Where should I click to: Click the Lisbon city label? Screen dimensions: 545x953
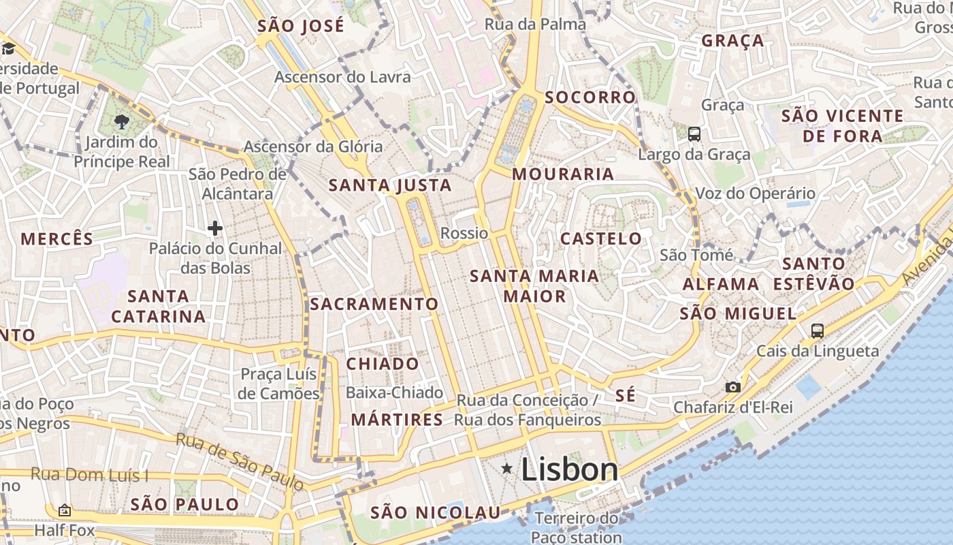[x=569, y=469]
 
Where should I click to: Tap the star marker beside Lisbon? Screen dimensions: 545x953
[x=506, y=469]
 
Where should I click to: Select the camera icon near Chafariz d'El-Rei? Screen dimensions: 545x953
[x=732, y=387]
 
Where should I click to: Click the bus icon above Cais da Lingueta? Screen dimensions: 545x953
[x=817, y=331]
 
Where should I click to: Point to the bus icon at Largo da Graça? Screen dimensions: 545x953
[x=694, y=134]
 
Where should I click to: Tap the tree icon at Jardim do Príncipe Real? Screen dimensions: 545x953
[x=122, y=123]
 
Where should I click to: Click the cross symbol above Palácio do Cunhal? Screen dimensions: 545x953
[x=215, y=228]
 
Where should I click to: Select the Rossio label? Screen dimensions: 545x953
[x=464, y=233]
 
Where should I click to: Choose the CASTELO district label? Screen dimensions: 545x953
[x=600, y=238]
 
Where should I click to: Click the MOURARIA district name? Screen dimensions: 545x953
[x=563, y=174]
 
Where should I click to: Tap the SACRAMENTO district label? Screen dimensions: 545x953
[x=374, y=304]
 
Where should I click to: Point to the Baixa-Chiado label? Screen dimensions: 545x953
[x=394, y=393]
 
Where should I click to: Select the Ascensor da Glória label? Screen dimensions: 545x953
[x=313, y=146]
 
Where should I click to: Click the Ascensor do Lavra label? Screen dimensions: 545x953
[x=342, y=77]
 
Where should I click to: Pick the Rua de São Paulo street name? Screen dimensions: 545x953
[x=240, y=461]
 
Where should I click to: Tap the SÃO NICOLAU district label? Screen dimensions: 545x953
[x=435, y=512]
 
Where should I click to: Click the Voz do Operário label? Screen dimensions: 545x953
[x=755, y=193]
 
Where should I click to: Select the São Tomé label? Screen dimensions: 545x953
[x=696, y=255]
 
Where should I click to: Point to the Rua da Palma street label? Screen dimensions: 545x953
[x=535, y=25]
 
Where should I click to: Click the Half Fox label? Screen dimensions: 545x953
[x=64, y=530]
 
